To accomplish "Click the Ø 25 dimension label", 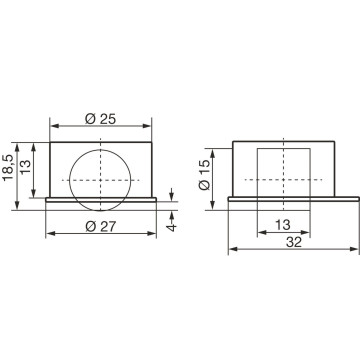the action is (100, 119).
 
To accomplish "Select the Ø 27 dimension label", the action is (101, 227).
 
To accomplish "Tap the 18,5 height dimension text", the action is (9, 168).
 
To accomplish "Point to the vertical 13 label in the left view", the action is (25, 166).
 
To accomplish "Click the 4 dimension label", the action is (172, 228).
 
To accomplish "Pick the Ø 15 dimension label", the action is (205, 175).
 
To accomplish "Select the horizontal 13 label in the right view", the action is (283, 225).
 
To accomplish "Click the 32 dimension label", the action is (294, 242).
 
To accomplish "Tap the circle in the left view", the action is (69, 180).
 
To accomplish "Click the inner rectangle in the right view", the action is (257, 179).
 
